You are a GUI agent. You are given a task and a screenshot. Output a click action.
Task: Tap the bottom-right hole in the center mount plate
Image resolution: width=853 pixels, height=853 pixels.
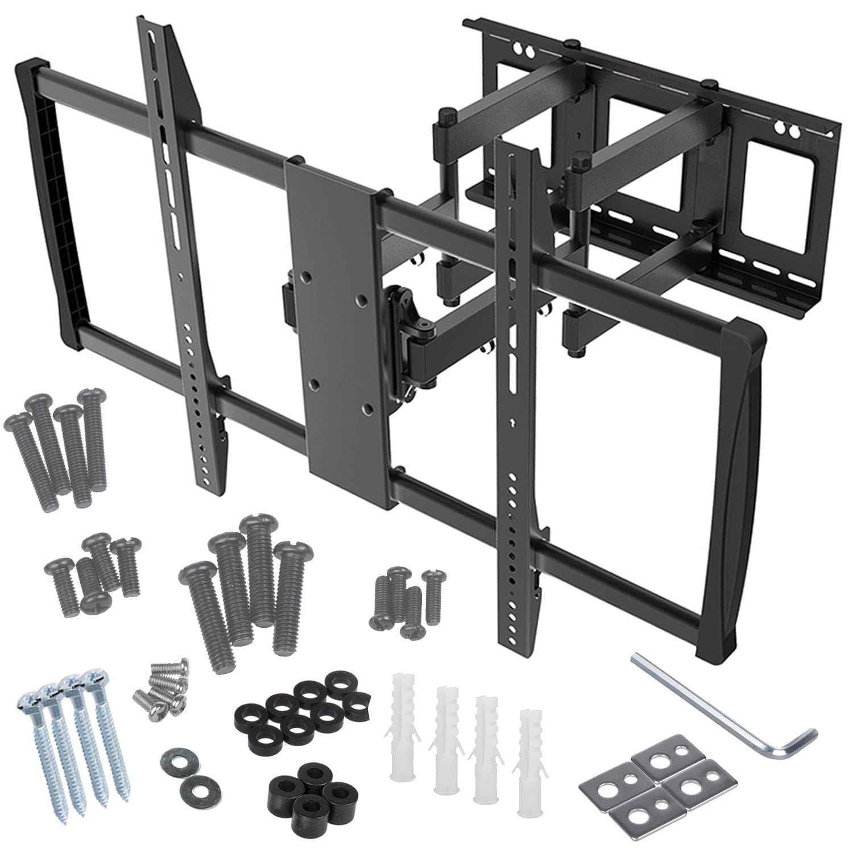367,408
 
